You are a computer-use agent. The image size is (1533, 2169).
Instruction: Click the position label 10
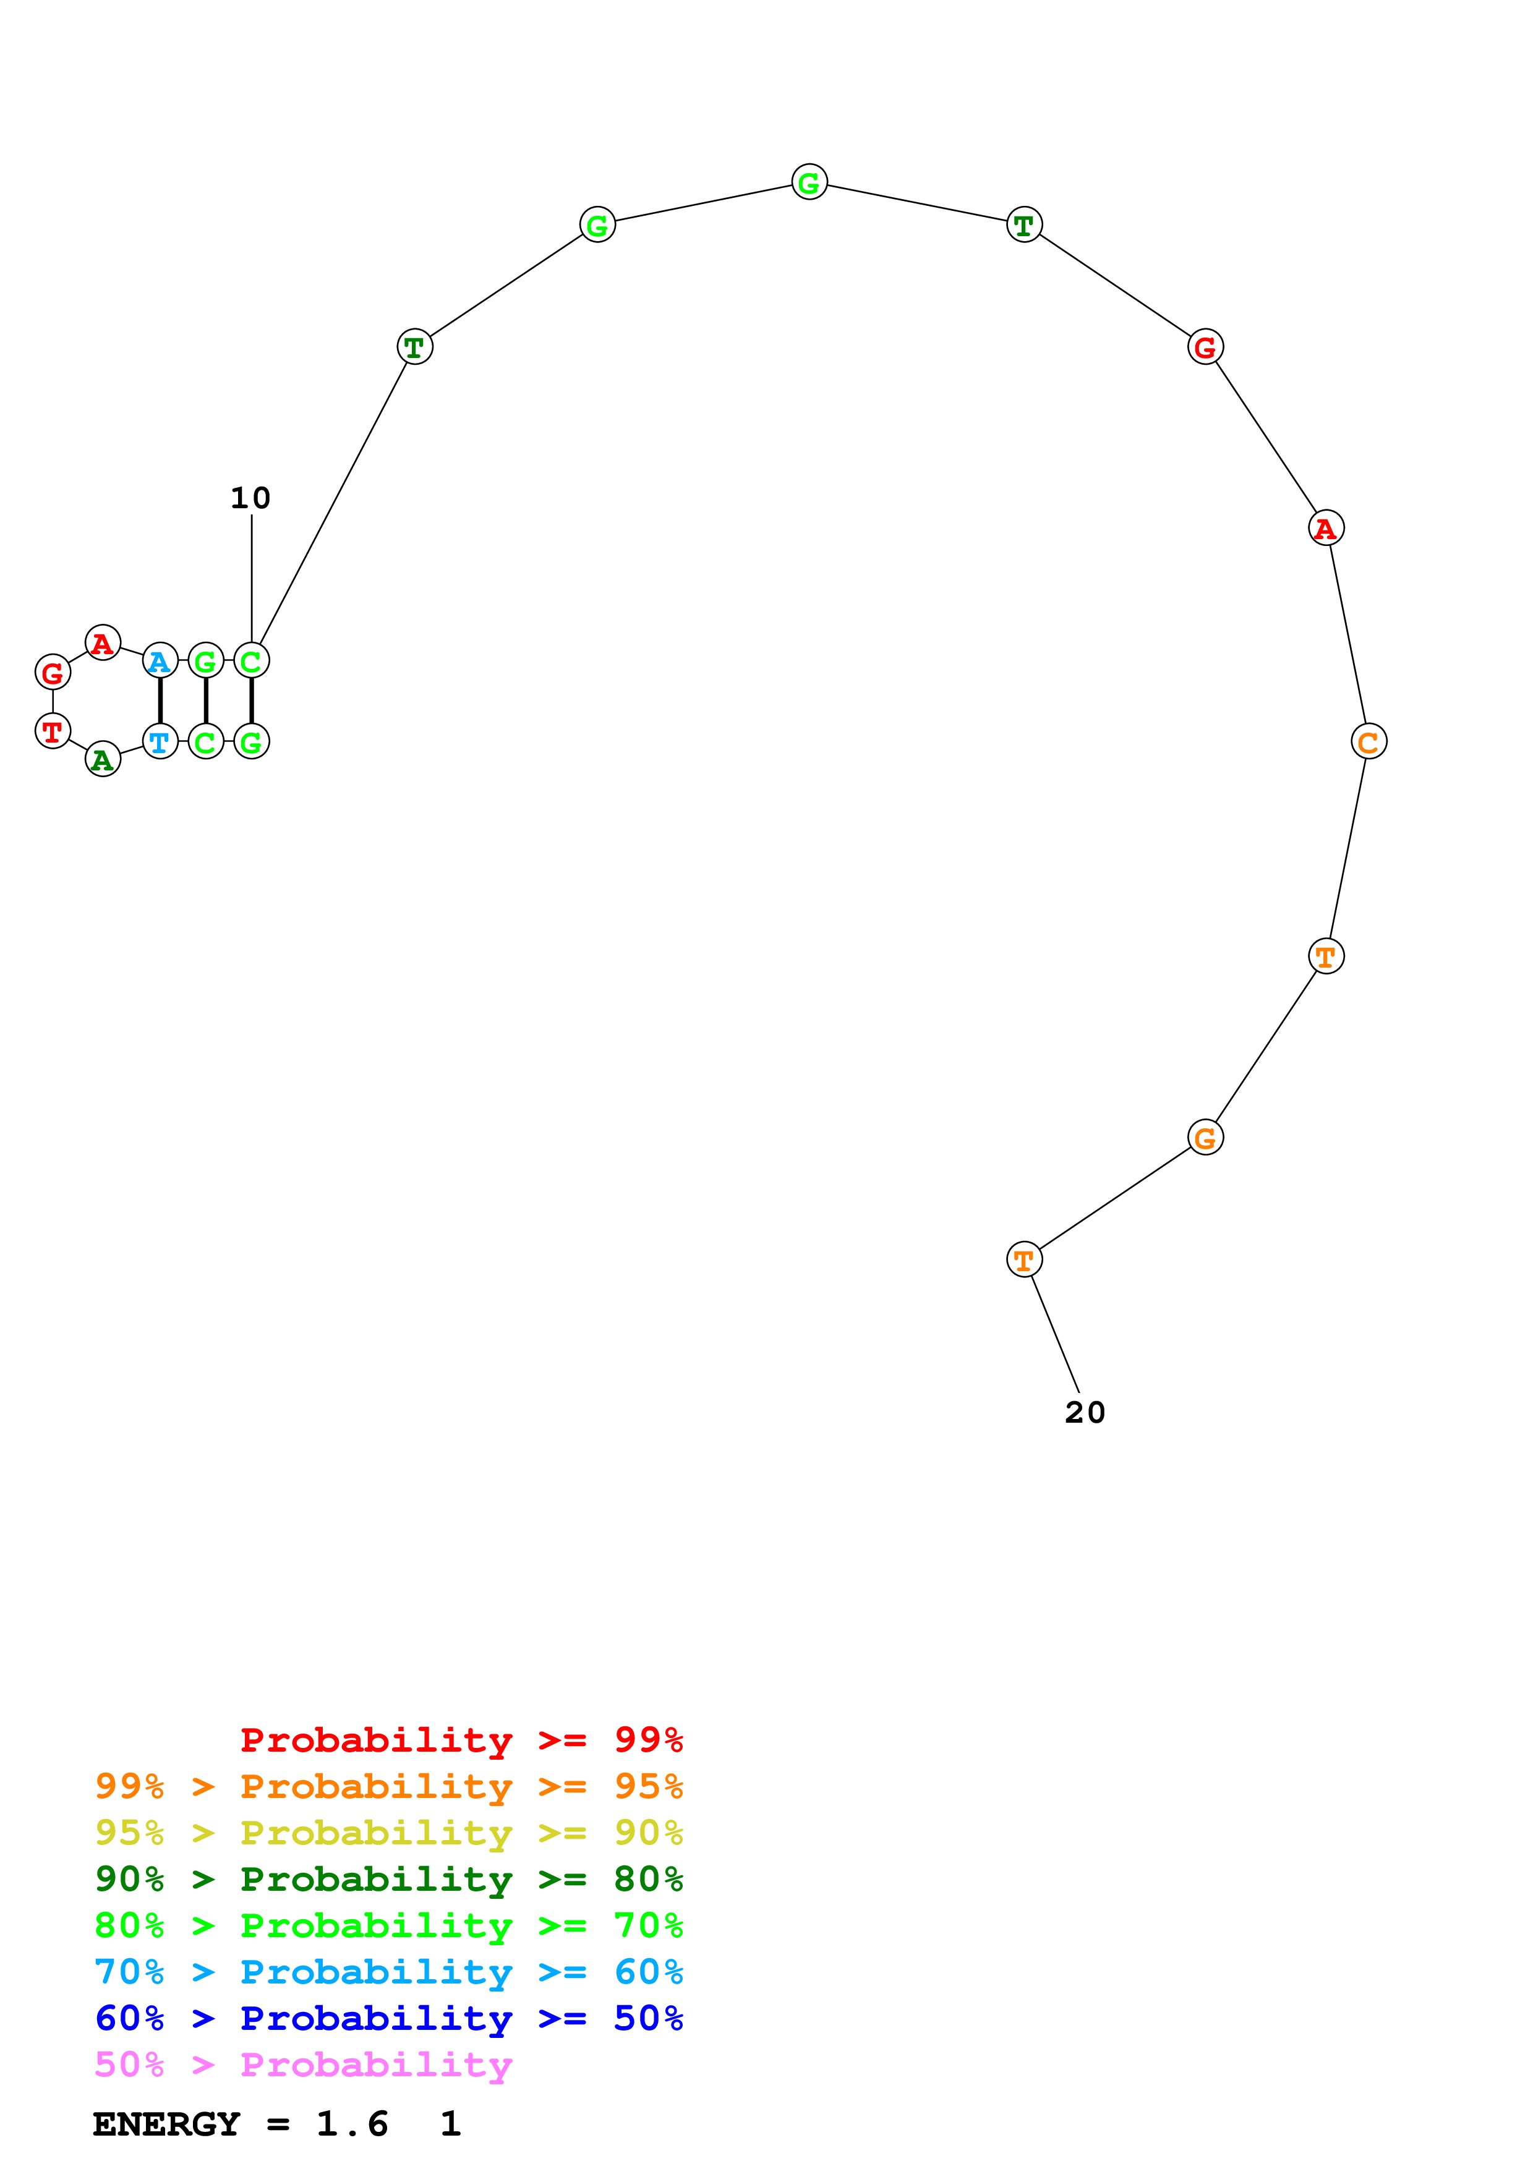(x=250, y=498)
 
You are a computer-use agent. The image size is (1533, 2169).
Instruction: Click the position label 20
(x=1084, y=1412)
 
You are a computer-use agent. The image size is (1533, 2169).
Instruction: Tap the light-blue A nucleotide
(x=160, y=662)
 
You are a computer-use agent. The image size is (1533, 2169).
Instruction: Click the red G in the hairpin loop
(x=53, y=673)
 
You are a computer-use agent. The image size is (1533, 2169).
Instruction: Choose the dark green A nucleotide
(x=103, y=759)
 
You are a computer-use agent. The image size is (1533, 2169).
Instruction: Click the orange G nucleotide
(x=1205, y=1138)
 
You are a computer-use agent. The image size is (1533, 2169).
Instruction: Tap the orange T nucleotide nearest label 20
(x=1024, y=1259)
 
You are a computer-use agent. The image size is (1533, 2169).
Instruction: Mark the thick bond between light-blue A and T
(x=160, y=701)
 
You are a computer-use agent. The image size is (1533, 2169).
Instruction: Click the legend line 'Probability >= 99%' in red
(x=461, y=1740)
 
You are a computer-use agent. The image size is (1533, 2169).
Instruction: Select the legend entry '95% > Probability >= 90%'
(x=389, y=1834)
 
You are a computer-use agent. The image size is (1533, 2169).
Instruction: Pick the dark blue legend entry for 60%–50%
(x=389, y=2019)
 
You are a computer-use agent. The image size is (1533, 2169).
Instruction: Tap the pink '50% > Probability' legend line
(x=303, y=2065)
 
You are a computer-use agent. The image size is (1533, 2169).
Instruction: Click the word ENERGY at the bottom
(x=166, y=2124)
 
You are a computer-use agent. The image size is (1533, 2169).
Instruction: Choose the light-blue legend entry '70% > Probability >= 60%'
(x=389, y=1972)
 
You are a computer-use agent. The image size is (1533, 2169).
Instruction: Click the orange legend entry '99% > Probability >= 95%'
(x=389, y=1786)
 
